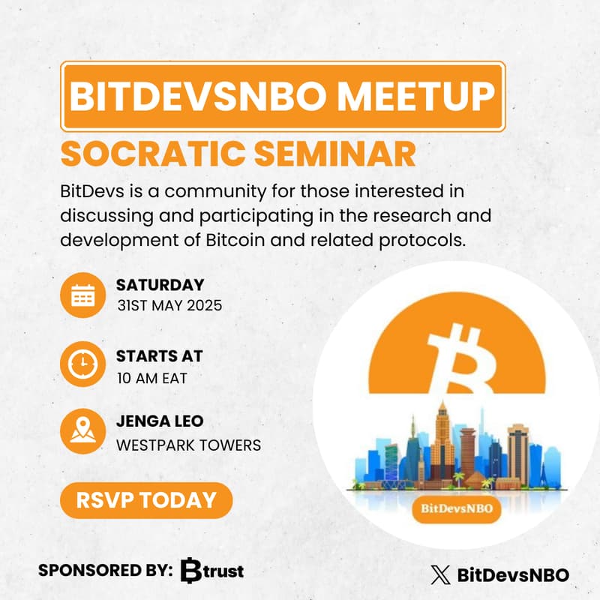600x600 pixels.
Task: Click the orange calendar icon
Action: point(82,295)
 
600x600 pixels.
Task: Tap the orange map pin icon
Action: point(82,431)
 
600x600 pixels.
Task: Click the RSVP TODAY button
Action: point(146,500)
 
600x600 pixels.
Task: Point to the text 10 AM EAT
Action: point(151,377)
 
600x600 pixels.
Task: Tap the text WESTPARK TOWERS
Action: point(188,445)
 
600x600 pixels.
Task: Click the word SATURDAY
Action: point(160,285)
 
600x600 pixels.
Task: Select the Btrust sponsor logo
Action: point(213,571)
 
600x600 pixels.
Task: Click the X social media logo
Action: point(440,575)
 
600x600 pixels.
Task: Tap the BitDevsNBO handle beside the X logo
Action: point(512,575)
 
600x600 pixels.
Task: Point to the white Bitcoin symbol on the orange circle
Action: point(458,361)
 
